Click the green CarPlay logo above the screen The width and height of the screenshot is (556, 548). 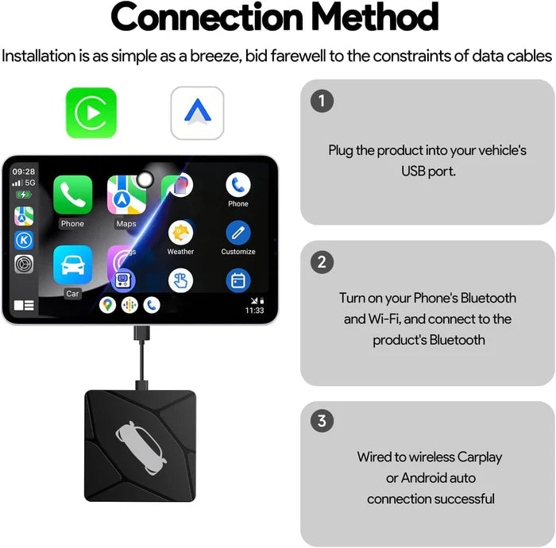[91, 113]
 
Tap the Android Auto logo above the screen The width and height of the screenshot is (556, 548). [197, 113]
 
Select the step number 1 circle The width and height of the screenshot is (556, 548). [321, 101]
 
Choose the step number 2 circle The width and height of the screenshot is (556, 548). [321, 262]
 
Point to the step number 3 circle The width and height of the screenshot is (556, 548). [321, 421]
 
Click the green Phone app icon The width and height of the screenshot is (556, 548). [72, 195]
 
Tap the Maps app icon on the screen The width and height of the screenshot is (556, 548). [126, 195]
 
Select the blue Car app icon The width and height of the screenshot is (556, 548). [72, 265]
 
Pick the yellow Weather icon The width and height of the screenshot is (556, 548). [180, 233]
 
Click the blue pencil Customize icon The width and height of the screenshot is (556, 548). [237, 233]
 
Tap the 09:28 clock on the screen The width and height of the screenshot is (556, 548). [24, 171]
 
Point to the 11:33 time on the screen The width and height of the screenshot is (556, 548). [254, 311]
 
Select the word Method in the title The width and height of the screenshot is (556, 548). [374, 17]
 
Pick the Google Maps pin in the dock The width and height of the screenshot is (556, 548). [107, 304]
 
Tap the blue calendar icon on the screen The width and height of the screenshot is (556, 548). [237, 280]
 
